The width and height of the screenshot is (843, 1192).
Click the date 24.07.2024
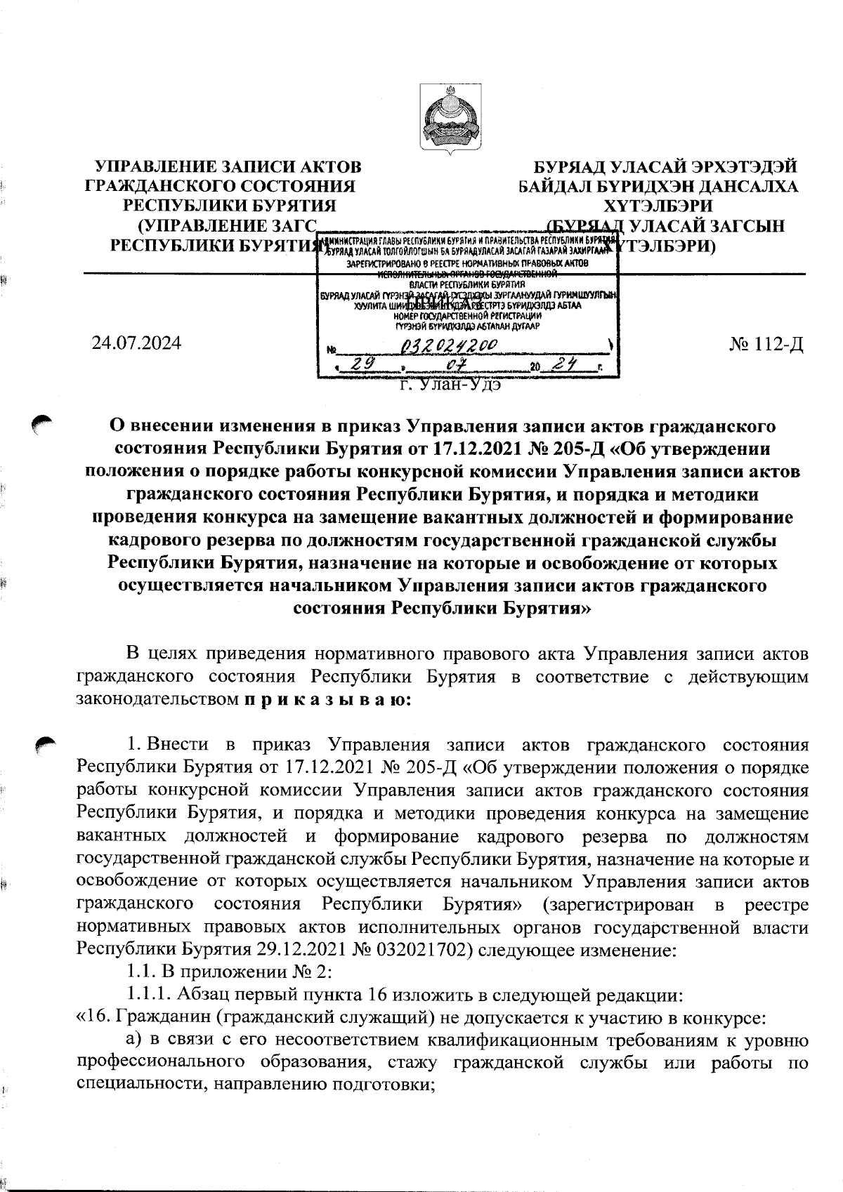(136, 343)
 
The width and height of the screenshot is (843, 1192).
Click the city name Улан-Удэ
(450, 384)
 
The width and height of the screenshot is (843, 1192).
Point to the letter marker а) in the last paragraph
(134, 1040)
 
